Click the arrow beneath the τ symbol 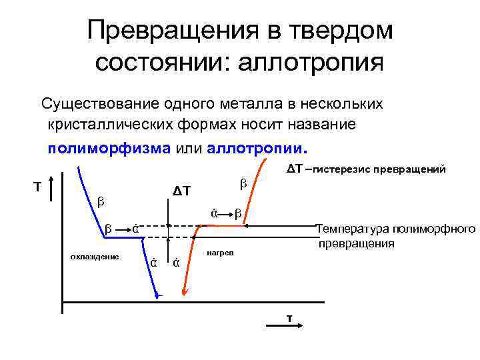click(289, 325)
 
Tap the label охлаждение click(94, 257)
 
